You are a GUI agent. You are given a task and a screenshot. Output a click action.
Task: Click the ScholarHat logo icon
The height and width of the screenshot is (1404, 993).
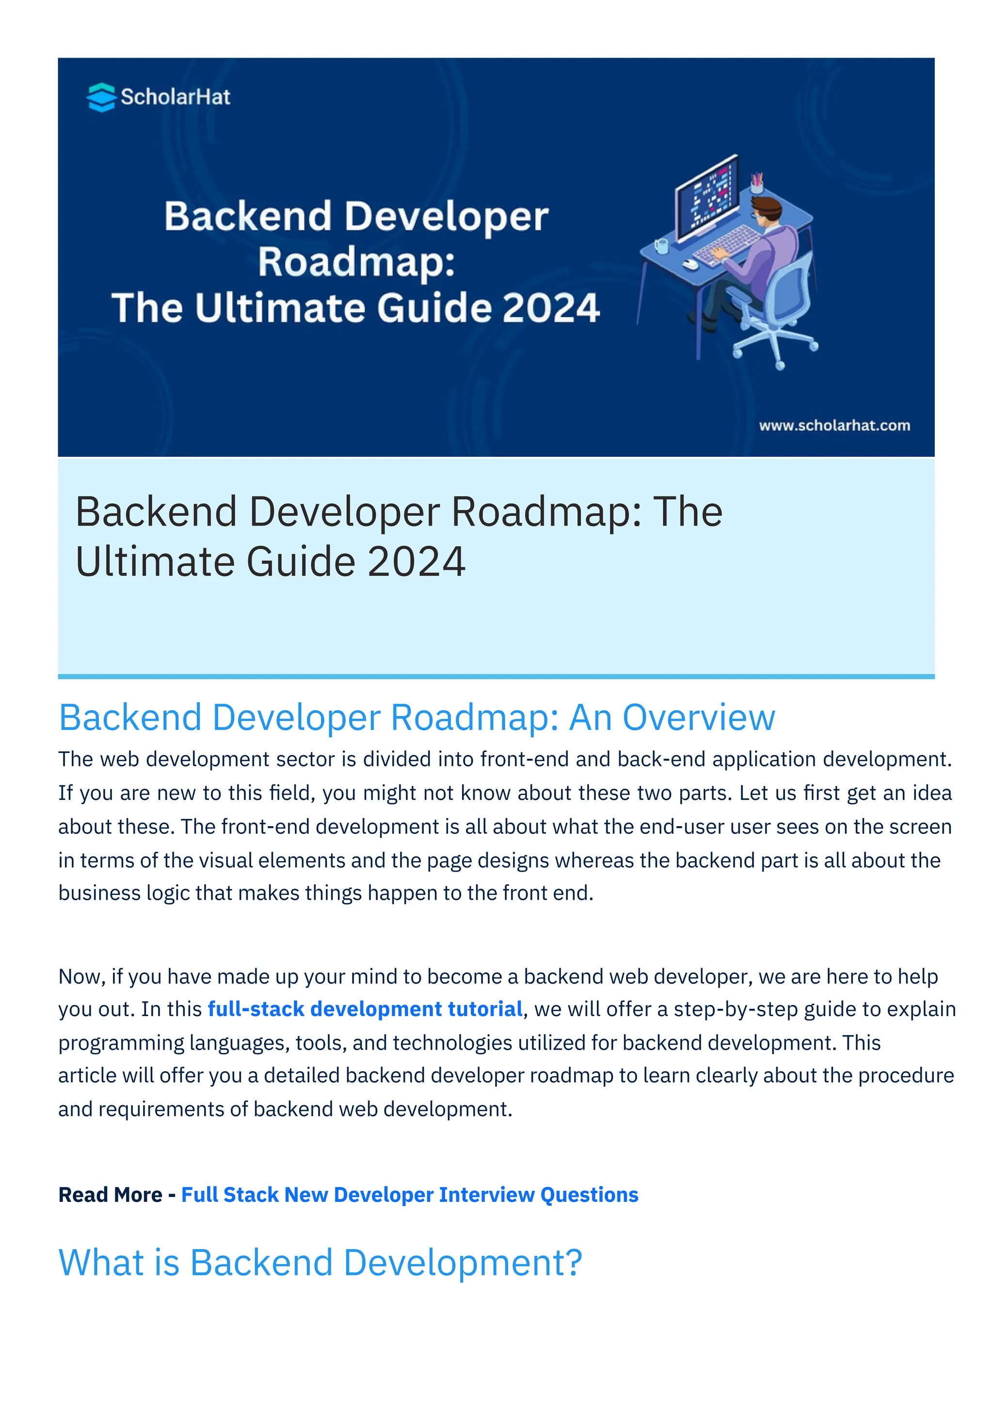tap(101, 97)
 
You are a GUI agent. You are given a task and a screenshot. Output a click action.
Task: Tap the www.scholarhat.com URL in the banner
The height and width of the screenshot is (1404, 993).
tap(834, 426)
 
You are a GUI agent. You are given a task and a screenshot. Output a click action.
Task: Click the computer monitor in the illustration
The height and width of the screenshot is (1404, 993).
tap(707, 197)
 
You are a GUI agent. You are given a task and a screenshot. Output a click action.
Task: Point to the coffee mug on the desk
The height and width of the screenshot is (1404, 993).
tap(661, 246)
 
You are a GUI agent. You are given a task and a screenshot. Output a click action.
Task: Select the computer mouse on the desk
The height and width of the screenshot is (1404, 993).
tap(690, 264)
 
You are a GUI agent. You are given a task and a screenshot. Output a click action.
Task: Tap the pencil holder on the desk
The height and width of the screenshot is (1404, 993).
tap(757, 183)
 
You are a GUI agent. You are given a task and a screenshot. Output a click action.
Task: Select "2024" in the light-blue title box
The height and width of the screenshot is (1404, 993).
tap(416, 561)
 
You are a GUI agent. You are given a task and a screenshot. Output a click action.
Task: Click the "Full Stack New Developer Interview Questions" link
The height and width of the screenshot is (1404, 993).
tap(410, 1194)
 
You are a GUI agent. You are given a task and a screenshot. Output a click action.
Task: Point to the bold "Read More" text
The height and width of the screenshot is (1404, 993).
tap(110, 1194)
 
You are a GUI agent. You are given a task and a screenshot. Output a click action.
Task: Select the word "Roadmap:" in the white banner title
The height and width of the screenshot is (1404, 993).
tap(356, 262)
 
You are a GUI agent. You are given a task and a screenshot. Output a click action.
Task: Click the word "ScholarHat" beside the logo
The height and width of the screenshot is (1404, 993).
tap(176, 97)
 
